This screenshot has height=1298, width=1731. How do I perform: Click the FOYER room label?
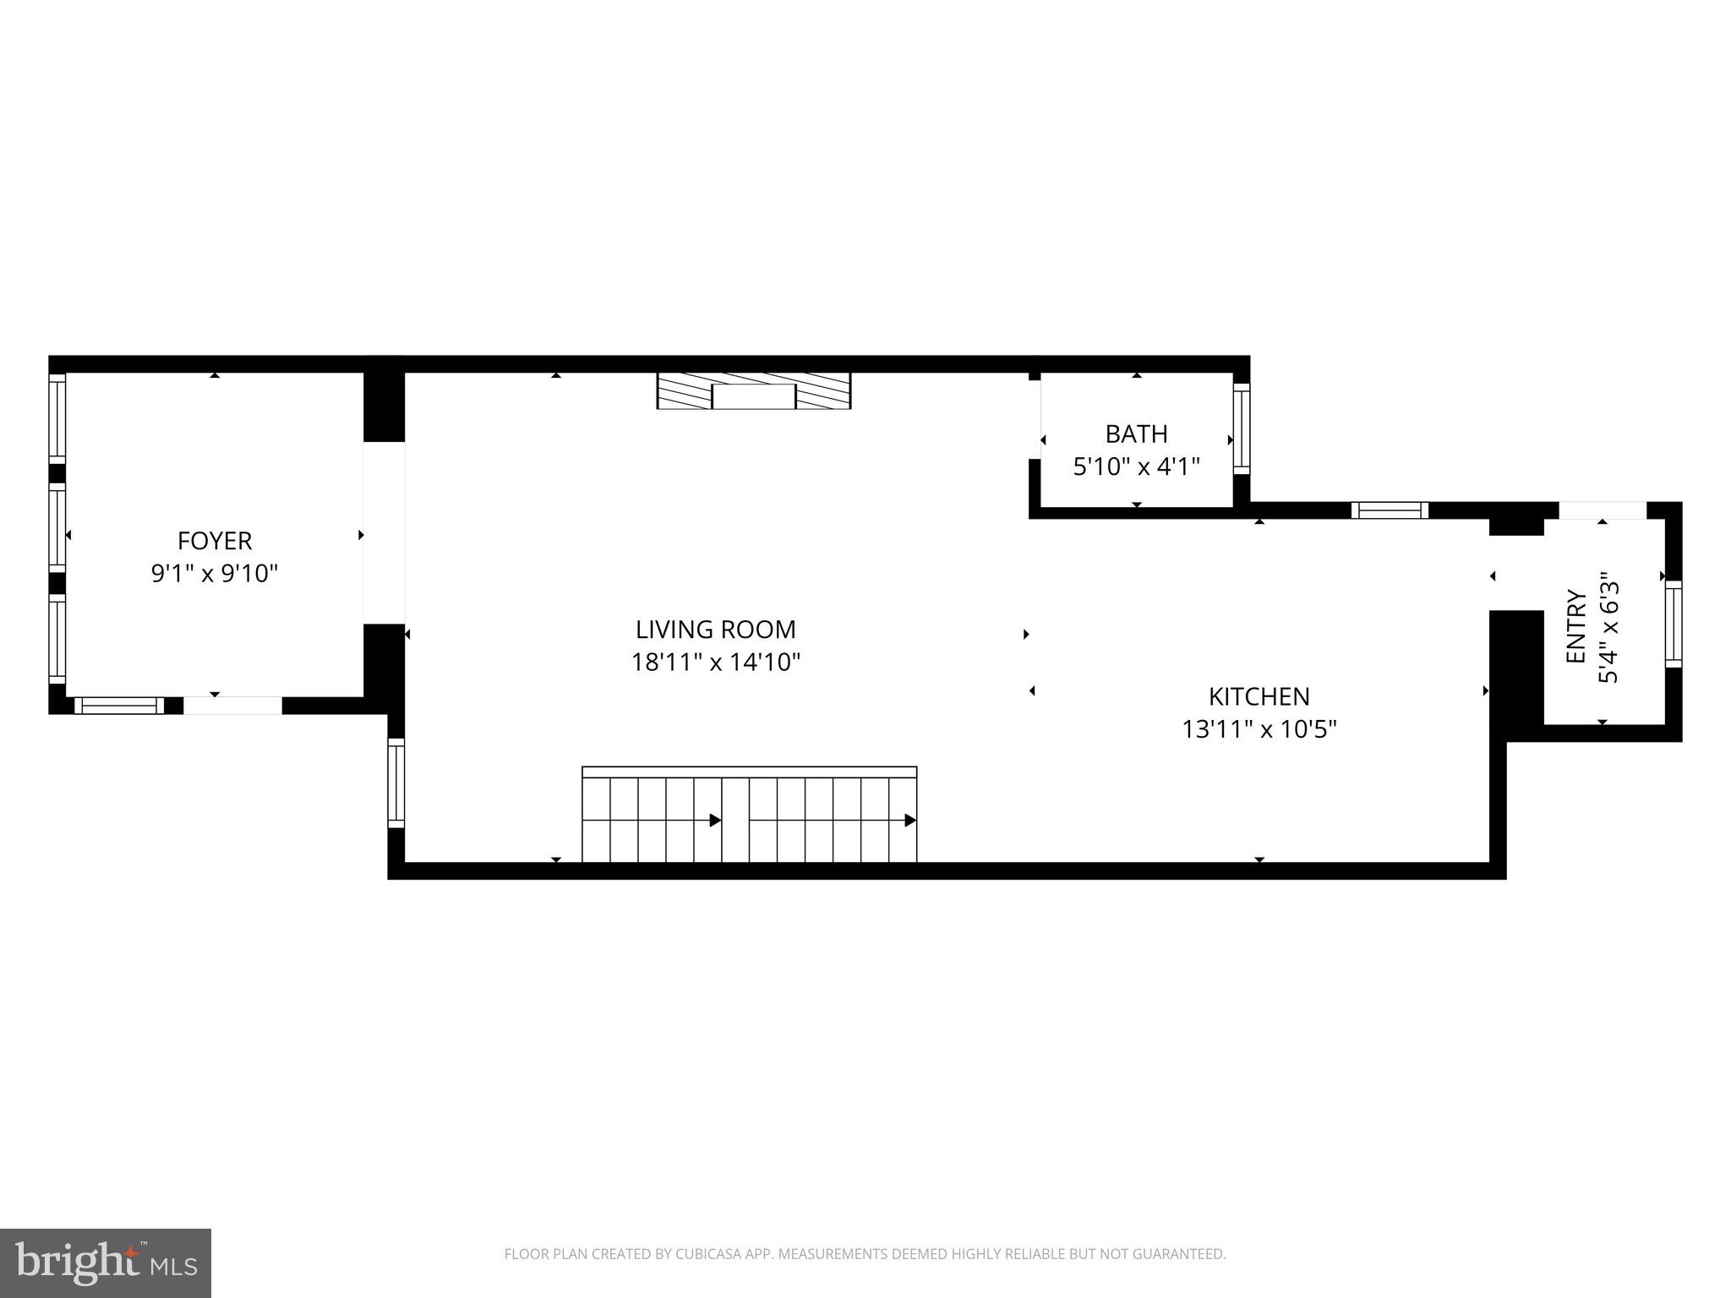215,541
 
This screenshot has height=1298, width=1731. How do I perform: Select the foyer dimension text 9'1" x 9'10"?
215,574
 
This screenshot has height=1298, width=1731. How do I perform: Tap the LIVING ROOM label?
715,630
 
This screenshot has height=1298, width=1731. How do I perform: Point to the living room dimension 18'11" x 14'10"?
715,663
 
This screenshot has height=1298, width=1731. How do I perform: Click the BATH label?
1136,434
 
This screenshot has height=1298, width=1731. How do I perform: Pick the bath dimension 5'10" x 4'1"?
1136,466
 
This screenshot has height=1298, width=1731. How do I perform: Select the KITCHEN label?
1259,696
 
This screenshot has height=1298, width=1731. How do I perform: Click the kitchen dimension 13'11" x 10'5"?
1259,729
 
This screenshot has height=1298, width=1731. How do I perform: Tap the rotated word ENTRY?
1576,626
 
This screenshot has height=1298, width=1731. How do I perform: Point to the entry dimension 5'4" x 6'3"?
1608,626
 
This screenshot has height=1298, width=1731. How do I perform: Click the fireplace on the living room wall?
754,391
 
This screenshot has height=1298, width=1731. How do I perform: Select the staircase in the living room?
749,816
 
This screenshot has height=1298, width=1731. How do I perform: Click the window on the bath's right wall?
1241,428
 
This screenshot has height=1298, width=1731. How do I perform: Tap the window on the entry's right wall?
1673,624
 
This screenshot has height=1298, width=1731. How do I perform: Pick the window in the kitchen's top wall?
1390,510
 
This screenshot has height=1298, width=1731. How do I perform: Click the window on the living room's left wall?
396,783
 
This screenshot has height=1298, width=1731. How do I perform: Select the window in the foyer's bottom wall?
118,706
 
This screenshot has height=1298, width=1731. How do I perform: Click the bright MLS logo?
105,1263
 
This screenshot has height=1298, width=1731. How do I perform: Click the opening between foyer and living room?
384,532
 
